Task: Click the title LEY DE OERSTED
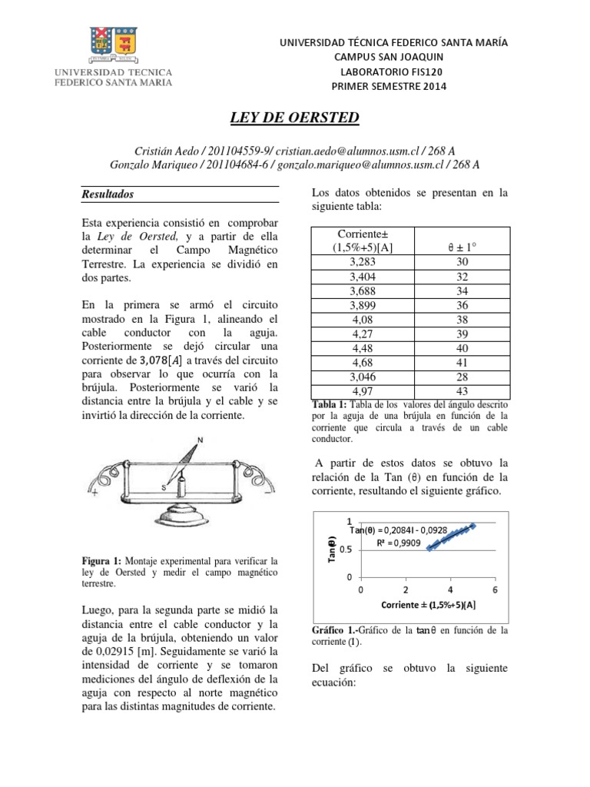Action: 295,118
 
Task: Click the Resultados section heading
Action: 108,195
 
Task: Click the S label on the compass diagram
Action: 164,486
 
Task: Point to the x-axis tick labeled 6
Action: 495,589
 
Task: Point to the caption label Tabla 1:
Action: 331,406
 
